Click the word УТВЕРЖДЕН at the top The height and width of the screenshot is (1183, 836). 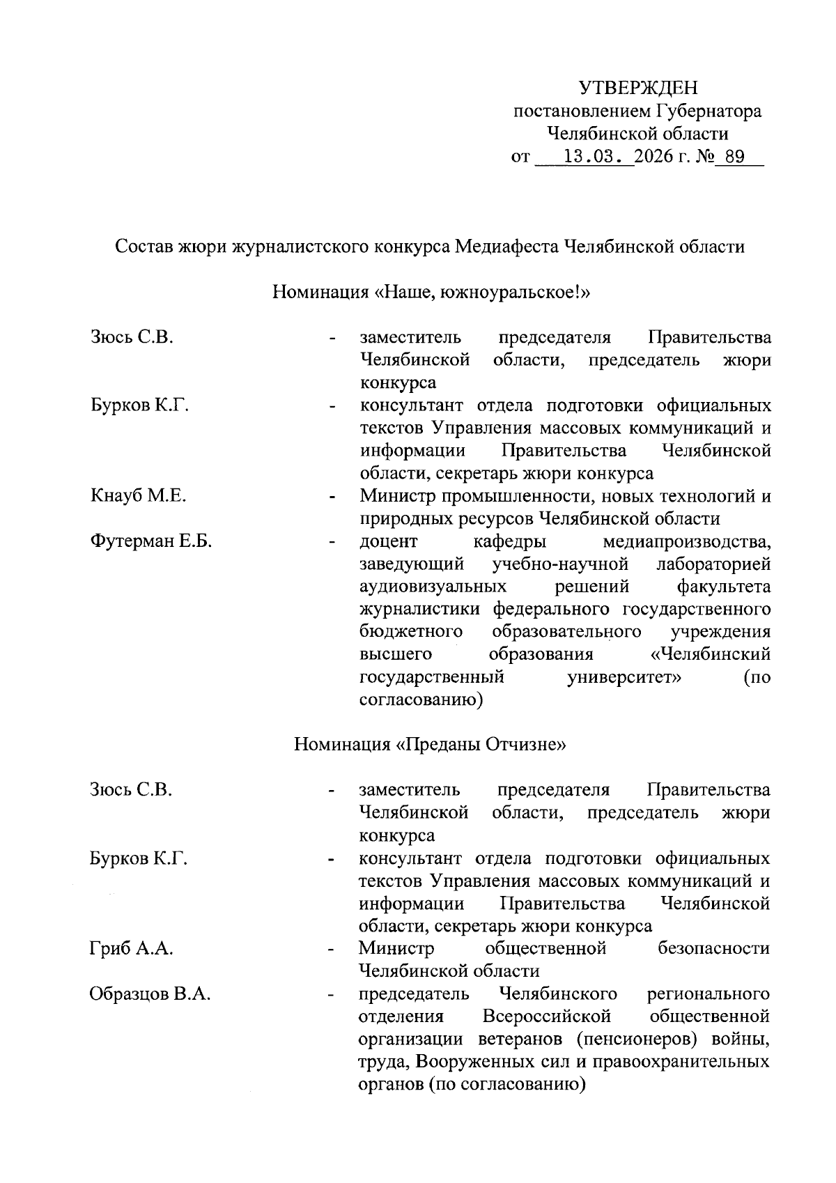coord(637,88)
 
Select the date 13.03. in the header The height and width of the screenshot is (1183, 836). coord(592,156)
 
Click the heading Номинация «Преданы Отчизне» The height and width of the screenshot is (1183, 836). coord(430,744)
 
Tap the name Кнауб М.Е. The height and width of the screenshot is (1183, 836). coord(138,496)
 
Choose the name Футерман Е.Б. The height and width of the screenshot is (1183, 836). coord(150,541)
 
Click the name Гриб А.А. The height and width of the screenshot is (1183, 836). coord(131,948)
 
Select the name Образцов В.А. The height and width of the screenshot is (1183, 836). coord(150,993)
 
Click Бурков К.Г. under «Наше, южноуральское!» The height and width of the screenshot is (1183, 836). coord(139,405)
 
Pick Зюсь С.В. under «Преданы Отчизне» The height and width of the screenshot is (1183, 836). coord(130,790)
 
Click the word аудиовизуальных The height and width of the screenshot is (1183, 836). coord(433,587)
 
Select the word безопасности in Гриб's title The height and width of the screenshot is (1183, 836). coord(713,948)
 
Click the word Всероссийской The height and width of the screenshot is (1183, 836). coord(546,1016)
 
